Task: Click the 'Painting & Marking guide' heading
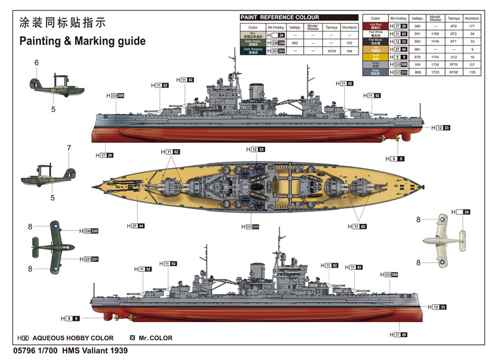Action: click(x=83, y=41)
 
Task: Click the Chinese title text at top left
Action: click(x=63, y=22)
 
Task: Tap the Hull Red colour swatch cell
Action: click(x=375, y=27)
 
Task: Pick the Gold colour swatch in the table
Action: click(x=375, y=57)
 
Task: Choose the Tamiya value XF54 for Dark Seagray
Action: click(x=332, y=51)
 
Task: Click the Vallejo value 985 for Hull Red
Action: click(x=418, y=27)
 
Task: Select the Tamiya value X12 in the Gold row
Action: click(x=454, y=57)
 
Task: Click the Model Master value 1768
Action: click(x=435, y=34)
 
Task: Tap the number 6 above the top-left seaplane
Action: click(x=37, y=63)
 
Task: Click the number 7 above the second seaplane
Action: click(x=69, y=148)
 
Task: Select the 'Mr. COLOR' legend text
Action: click(x=156, y=338)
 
